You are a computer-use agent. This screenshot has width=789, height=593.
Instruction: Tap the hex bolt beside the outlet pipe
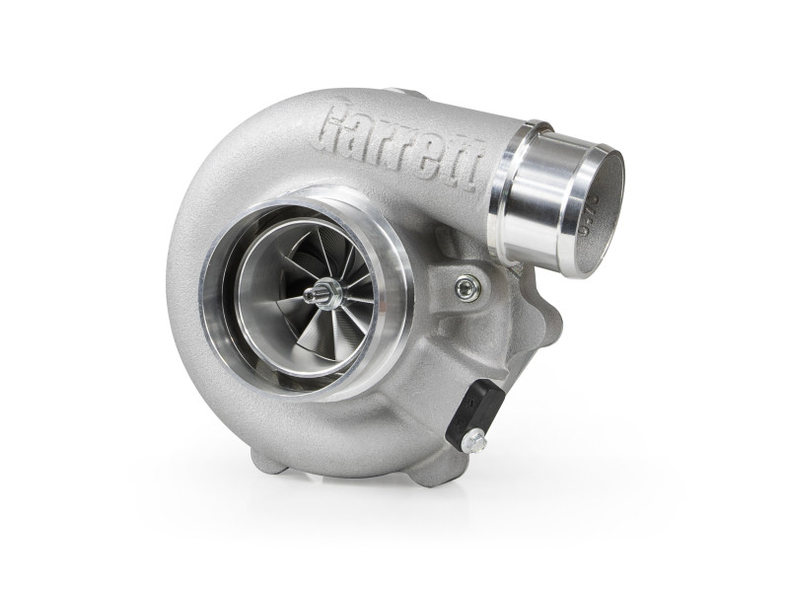point(468,287)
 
